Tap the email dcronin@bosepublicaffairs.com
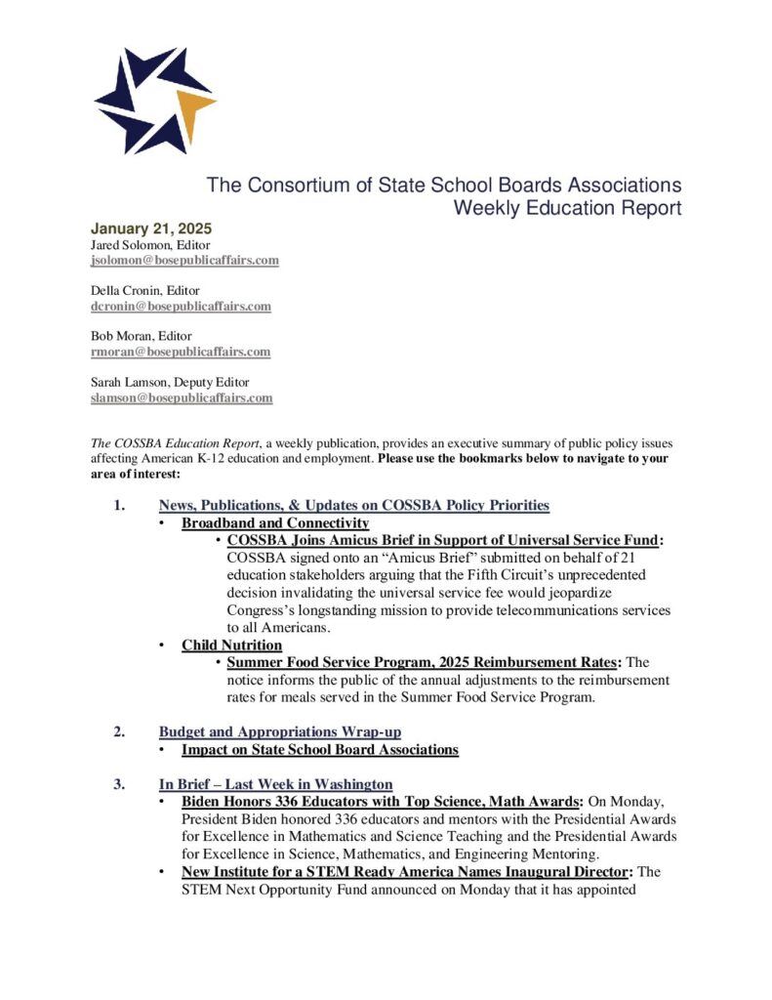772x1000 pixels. (181, 306)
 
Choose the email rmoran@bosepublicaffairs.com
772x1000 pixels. (181, 352)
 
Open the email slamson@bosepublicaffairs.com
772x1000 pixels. (182, 397)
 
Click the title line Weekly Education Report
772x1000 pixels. (567, 208)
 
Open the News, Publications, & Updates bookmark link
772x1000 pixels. (353, 505)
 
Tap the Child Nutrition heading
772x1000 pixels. (231, 645)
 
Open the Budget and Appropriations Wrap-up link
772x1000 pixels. (279, 731)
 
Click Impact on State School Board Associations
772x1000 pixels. (319, 750)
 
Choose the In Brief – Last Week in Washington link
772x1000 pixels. (275, 784)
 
